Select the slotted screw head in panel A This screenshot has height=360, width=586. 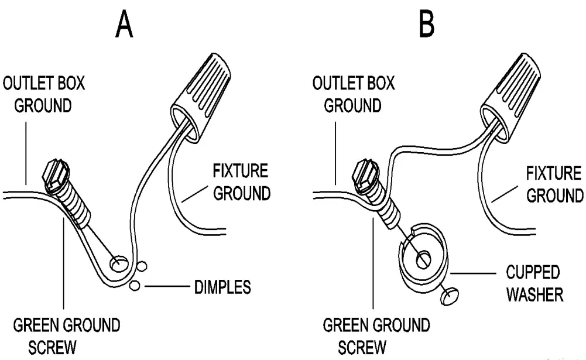click(x=57, y=174)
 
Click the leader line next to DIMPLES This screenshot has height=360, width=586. click(x=166, y=287)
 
